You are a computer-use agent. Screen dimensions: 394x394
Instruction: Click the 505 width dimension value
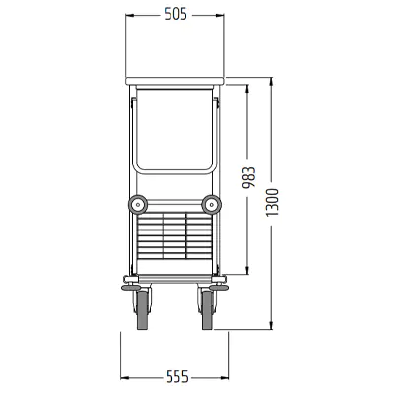[175, 15]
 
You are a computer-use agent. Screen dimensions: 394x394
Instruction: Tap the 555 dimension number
[177, 377]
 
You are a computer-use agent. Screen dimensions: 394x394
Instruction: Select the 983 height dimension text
[248, 178]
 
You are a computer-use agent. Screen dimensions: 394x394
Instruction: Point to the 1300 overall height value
[272, 202]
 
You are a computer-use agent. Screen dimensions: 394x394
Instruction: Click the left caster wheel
[143, 310]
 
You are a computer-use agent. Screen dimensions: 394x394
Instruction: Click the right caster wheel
[208, 310]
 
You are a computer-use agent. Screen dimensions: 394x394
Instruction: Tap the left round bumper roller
[137, 205]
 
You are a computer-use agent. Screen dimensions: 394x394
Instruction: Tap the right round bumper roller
[211, 205]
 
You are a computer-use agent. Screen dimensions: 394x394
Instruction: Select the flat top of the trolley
[174, 81]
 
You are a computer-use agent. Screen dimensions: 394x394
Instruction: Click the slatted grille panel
[174, 235]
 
